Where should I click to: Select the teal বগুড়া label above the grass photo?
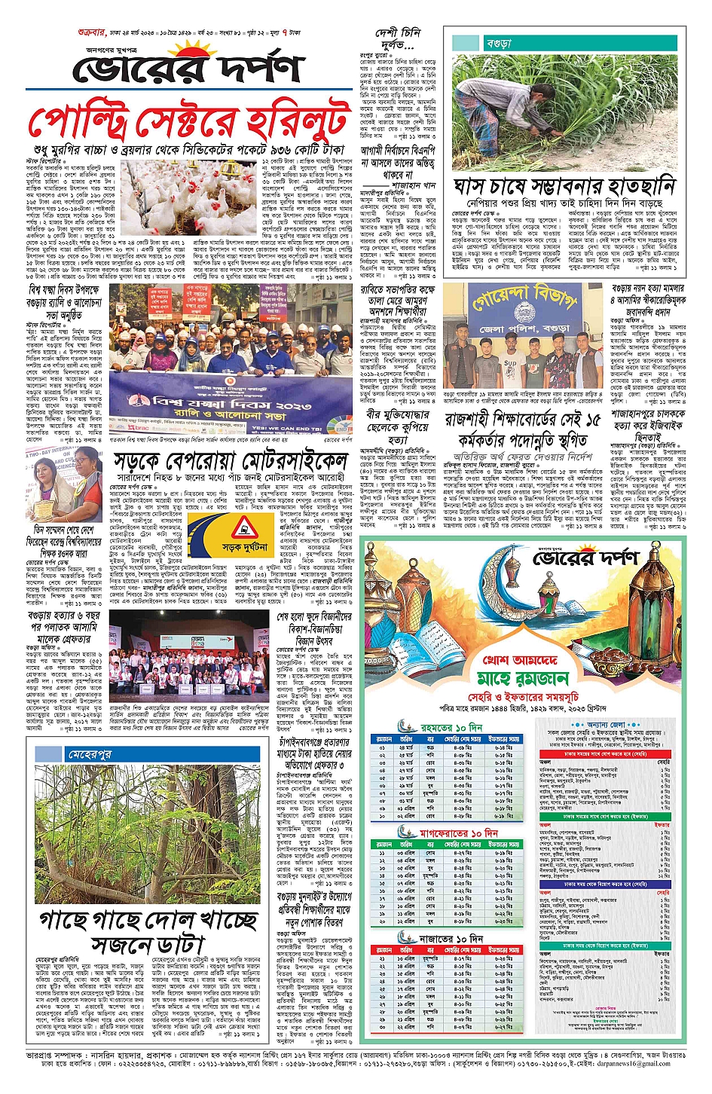[x=498, y=44]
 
